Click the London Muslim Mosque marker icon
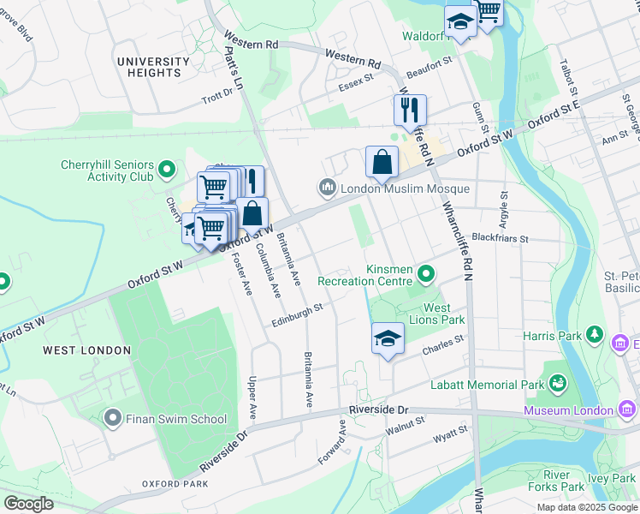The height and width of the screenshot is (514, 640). pos(326,188)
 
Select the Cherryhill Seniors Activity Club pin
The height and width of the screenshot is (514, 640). pos(167,171)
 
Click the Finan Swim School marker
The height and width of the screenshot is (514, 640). pos(113,419)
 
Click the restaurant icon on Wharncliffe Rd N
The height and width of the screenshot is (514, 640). pos(410,110)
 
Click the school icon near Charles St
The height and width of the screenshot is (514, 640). pos(388,338)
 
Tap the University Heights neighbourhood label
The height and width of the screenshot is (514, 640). pos(153,68)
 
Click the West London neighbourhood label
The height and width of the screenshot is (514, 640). pos(87,350)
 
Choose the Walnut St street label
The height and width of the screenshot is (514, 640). pos(405,424)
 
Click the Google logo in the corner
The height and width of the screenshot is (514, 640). pos(28,504)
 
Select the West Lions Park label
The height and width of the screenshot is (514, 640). pos(443,314)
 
